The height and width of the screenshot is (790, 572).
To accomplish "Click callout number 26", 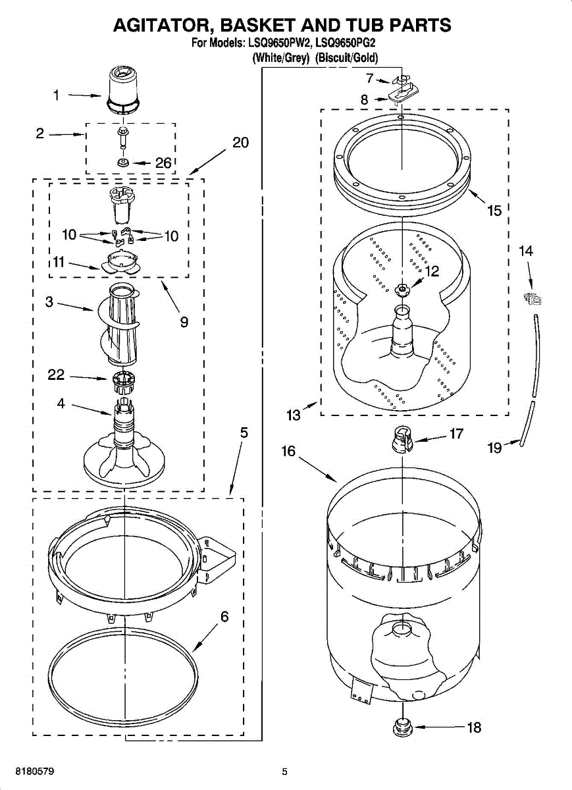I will click(x=163, y=164).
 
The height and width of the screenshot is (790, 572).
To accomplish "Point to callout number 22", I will click(x=57, y=375).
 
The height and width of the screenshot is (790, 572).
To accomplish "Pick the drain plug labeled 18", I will click(x=402, y=727).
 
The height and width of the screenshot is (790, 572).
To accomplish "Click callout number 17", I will click(x=456, y=434).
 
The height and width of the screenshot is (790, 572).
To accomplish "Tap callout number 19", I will click(x=494, y=448).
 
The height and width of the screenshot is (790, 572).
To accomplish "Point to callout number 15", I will click(x=494, y=211).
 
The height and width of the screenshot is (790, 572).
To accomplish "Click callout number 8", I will click(x=364, y=100).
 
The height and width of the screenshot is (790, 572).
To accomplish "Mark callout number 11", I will click(x=59, y=262).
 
